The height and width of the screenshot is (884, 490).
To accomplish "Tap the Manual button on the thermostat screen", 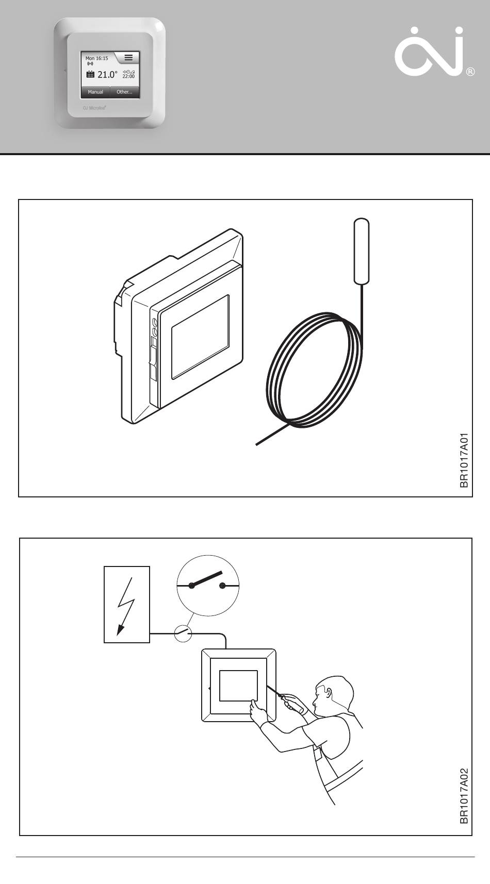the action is (95, 92).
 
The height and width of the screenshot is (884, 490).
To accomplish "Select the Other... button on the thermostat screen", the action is (124, 92).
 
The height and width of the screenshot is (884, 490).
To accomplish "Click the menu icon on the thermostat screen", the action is (128, 58).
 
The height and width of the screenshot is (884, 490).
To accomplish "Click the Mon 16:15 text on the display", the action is (97, 58).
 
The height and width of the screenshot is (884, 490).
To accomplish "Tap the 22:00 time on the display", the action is (128, 76).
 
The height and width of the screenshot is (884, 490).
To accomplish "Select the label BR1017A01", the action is (464, 460).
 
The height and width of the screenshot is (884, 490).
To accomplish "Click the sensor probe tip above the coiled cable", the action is (362, 251).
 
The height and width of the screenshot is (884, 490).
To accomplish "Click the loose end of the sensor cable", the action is (258, 443).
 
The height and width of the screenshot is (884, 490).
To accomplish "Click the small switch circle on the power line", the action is (183, 633).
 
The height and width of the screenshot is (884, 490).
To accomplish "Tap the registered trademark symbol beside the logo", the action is (470, 72).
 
